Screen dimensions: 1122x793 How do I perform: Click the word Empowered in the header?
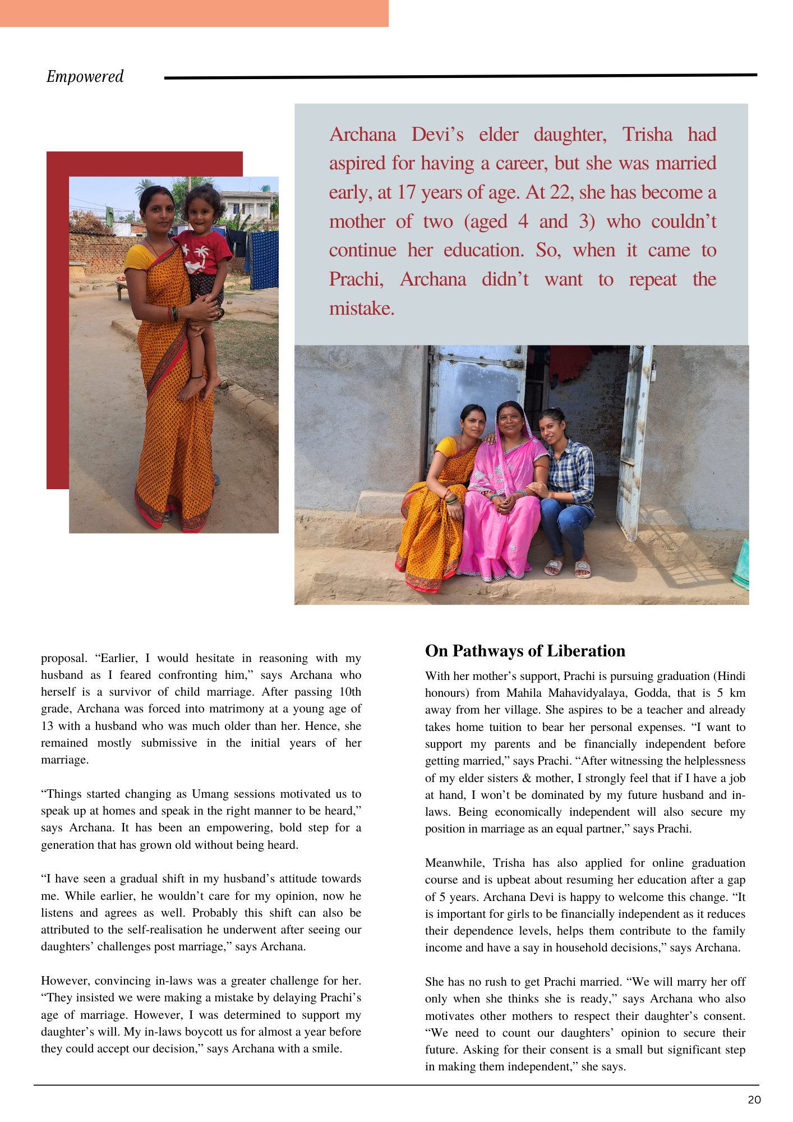coord(85,76)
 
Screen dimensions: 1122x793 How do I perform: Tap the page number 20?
coord(754,1100)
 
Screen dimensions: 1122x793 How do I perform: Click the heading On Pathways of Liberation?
coord(525,651)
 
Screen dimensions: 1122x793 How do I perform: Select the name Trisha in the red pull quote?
coord(647,135)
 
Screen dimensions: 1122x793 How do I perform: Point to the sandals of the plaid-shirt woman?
coord(568,568)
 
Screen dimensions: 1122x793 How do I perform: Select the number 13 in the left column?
coord(47,726)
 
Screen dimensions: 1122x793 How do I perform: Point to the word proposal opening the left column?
coord(64,658)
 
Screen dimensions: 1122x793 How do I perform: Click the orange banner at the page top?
coord(194,13)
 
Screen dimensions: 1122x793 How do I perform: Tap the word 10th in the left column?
coord(350,692)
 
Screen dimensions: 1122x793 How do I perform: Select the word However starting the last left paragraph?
coord(64,981)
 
